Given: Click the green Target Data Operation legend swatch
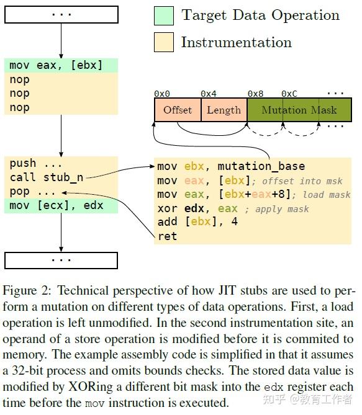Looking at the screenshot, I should coord(164,16).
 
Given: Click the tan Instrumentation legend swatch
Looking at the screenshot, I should coord(164,42).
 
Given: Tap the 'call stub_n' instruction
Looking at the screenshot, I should coord(46,177).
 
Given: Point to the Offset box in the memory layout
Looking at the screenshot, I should coord(178,110).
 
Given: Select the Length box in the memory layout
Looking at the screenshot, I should coord(224,110).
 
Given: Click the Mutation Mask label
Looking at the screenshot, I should coord(299,110).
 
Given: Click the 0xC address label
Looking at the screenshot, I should coord(289,94).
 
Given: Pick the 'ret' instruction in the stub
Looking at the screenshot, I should coord(167,236).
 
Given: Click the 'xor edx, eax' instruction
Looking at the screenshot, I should coord(197,208).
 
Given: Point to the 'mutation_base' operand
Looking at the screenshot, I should coord(261,166).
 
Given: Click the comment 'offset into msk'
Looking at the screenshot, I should coord(302,181).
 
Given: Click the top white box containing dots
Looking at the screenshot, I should coord(61,14).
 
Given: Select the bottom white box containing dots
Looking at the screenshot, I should coord(61,260).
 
